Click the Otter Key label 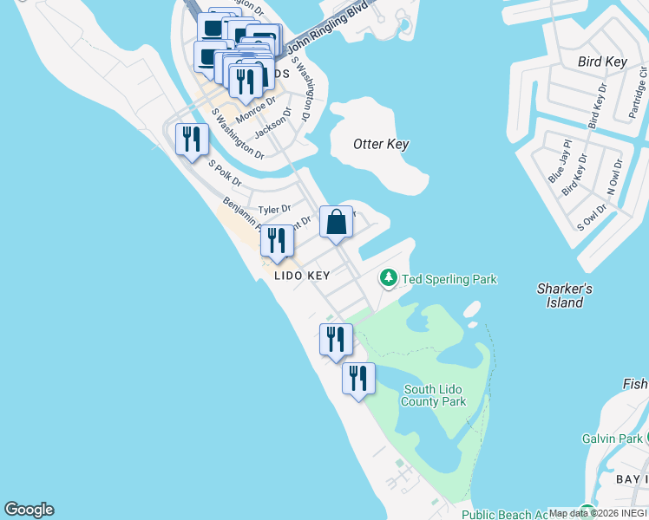coord(381,144)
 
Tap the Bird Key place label coord(602,62)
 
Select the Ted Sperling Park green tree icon coord(389,278)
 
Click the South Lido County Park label coord(434,395)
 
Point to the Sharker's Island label coord(565,296)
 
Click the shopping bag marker coord(336,223)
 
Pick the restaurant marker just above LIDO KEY coord(277,241)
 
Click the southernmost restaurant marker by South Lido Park coord(357,379)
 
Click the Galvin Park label coord(613,439)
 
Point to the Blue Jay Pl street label coord(557,160)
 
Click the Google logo coord(29,510)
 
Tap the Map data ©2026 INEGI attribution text coord(598,513)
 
